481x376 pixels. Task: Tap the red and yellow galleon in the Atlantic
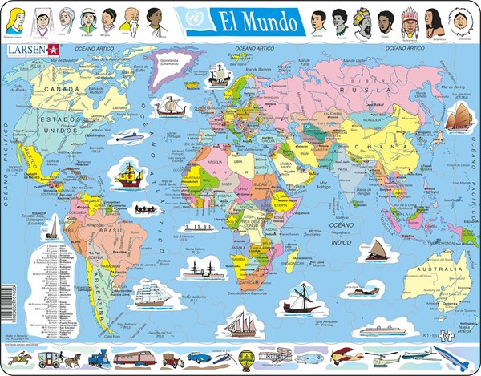(x=130, y=174)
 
